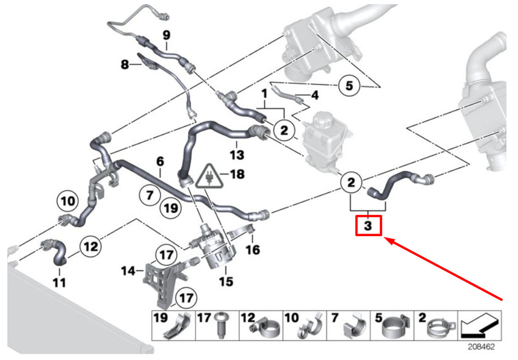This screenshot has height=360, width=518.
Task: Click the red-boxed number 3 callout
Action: pyautogui.click(x=368, y=225)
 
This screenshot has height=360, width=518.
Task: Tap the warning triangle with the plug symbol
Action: pyautogui.click(x=209, y=176)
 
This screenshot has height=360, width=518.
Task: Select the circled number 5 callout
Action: pyautogui.click(x=349, y=85)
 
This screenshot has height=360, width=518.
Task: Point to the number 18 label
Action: pyautogui.click(x=237, y=174)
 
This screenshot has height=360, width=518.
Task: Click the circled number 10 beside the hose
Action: pyautogui.click(x=68, y=201)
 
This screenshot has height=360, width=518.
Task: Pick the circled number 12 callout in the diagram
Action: pyautogui.click(x=91, y=247)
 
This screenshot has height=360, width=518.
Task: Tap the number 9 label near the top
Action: pyautogui.click(x=166, y=35)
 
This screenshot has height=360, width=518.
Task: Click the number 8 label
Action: pyautogui.click(x=124, y=64)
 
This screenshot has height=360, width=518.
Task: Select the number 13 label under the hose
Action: pyautogui.click(x=237, y=154)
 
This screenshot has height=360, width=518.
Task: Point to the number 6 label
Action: pyautogui.click(x=160, y=162)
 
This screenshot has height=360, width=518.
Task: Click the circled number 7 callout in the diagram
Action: pyautogui.click(x=150, y=195)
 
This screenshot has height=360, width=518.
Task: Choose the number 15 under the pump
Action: pyautogui.click(x=226, y=281)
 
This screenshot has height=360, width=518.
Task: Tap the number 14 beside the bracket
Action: pyautogui.click(x=128, y=271)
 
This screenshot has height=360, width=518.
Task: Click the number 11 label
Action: pyautogui.click(x=60, y=283)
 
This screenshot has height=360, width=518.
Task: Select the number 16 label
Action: pyautogui.click(x=252, y=250)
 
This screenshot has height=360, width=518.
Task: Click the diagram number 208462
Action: pyautogui.click(x=481, y=347)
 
